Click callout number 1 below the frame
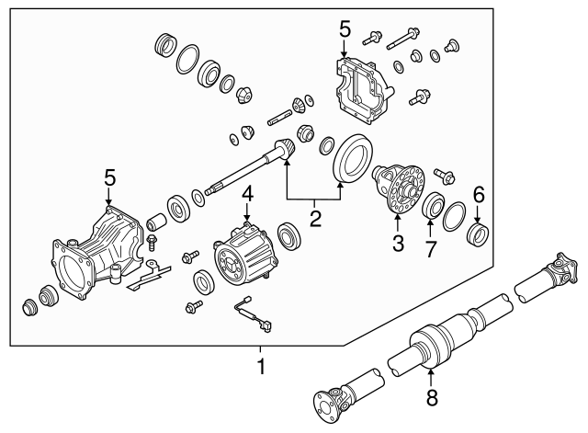pyautogui.click(x=260, y=367)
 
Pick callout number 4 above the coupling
pyautogui.click(x=247, y=194)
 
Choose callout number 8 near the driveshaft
pyautogui.click(x=431, y=399)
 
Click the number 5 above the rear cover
pyautogui.click(x=345, y=28)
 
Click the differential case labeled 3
pyautogui.click(x=397, y=187)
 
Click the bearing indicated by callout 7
pyautogui.click(x=432, y=206)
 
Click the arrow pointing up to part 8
pyautogui.click(x=431, y=376)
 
